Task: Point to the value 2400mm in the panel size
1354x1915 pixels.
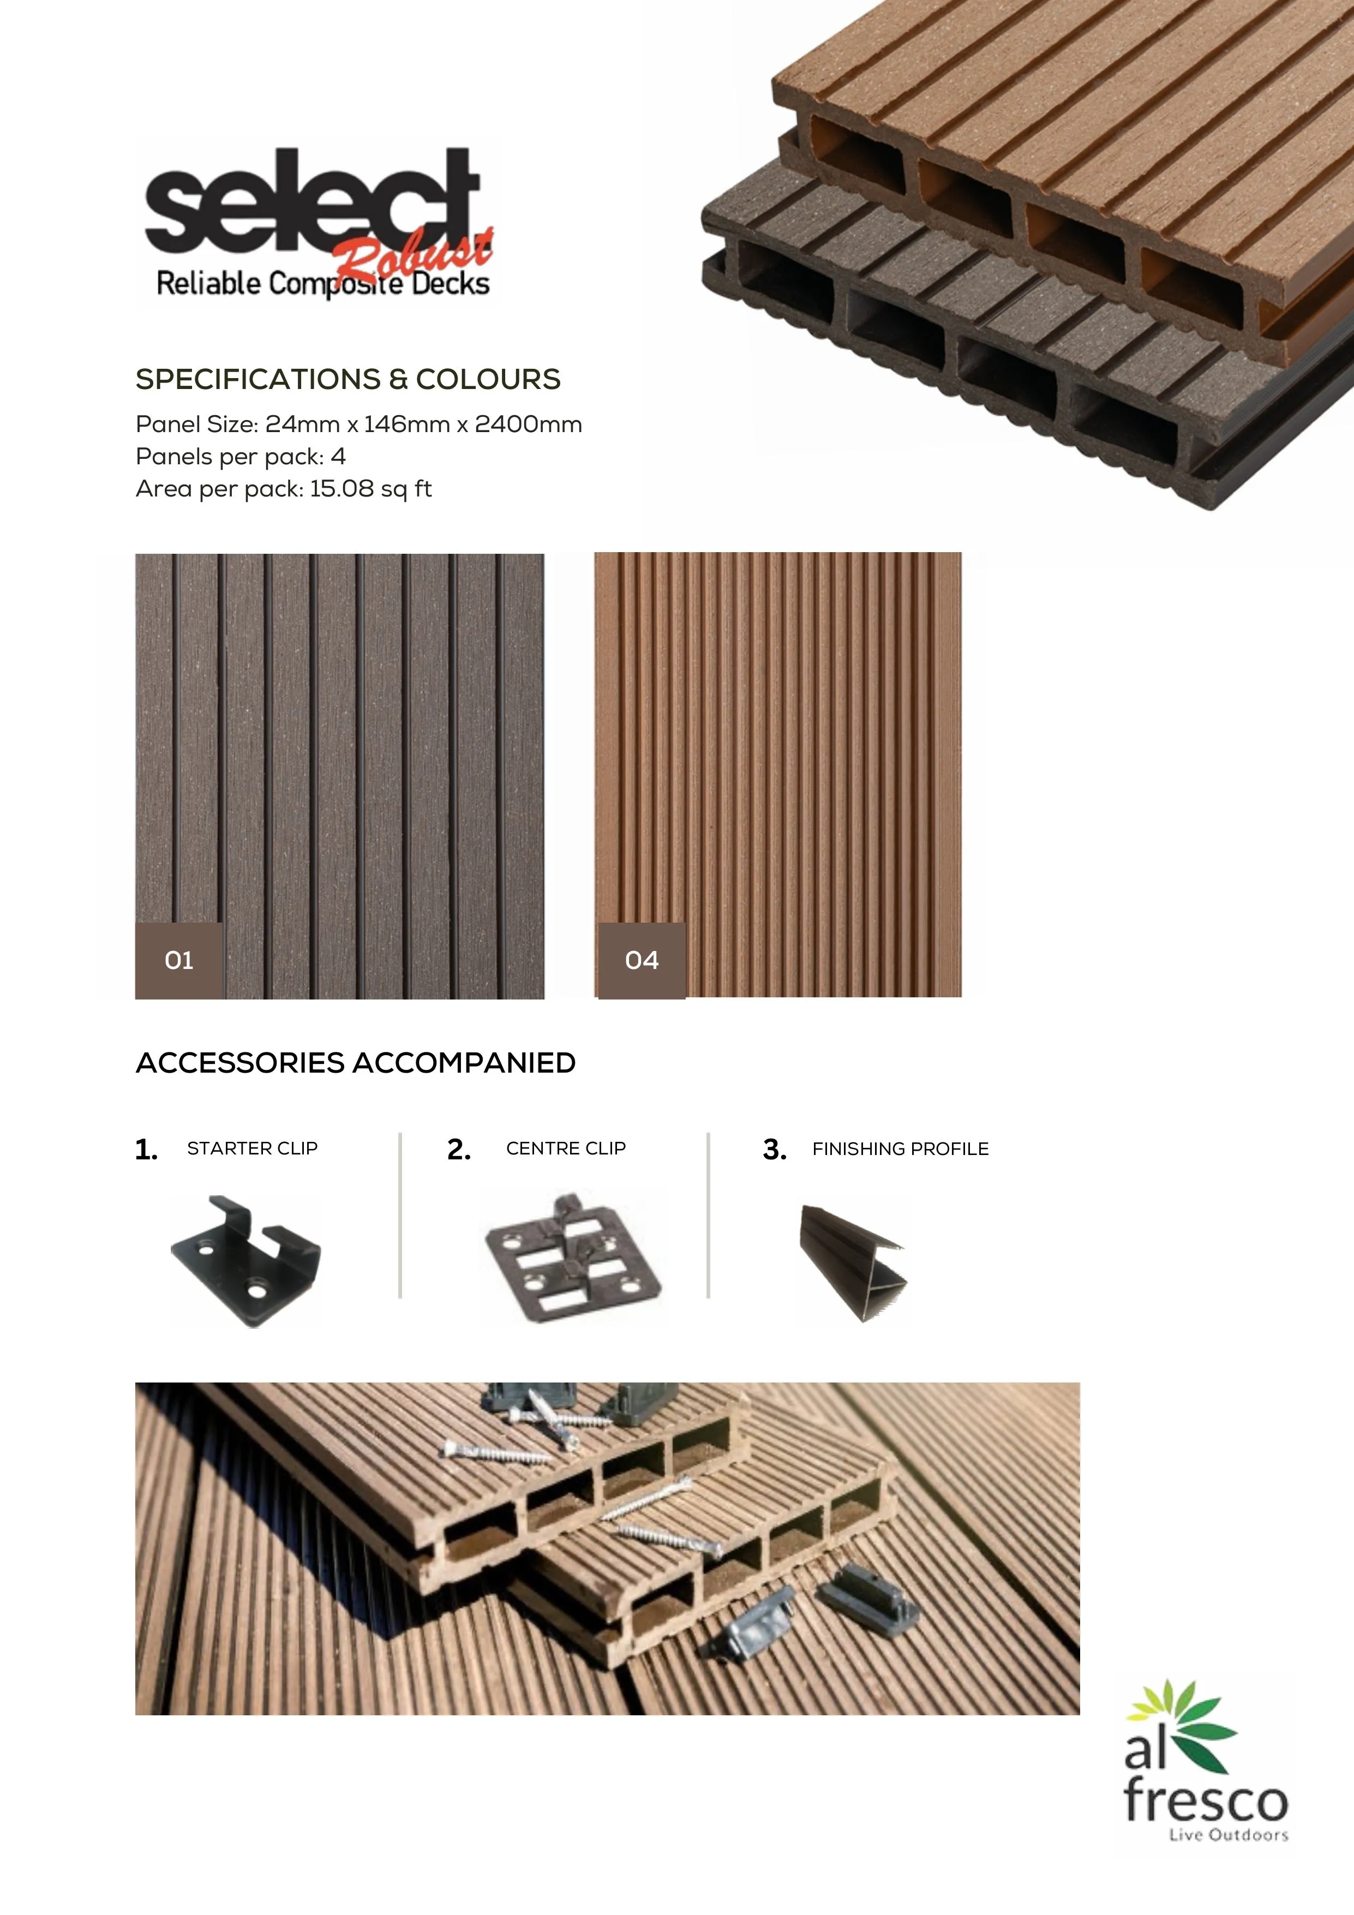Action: point(528,424)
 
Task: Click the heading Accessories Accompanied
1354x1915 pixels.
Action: point(355,1063)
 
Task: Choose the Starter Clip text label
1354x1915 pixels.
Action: point(253,1148)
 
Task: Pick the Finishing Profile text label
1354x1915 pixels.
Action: point(901,1150)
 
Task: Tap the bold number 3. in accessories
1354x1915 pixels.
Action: point(775,1150)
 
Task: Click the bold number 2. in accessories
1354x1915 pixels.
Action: point(459,1150)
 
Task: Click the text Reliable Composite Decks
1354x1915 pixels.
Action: point(322,284)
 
